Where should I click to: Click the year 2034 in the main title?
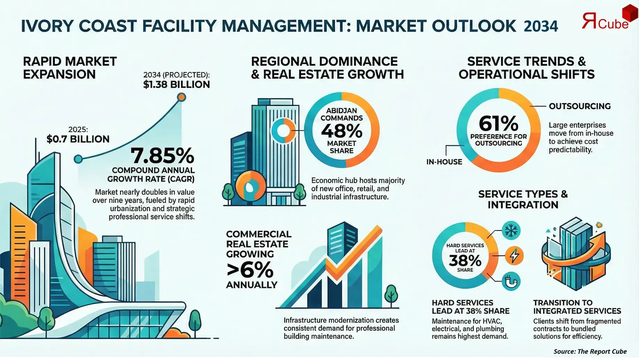point(541,26)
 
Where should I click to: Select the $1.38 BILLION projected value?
point(176,85)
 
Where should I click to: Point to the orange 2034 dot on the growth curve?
point(181,97)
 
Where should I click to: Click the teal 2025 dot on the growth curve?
point(79,159)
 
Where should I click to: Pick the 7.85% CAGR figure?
point(162,156)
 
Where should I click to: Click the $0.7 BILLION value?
point(78,139)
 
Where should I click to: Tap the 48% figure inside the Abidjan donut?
point(341,131)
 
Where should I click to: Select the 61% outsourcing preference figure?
point(498,123)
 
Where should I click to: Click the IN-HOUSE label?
point(444,162)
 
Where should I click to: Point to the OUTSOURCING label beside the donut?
point(579,106)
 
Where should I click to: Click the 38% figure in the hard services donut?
point(465,260)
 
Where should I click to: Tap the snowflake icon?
point(512,230)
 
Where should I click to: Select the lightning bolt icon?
point(514,256)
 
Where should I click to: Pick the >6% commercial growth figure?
point(250,269)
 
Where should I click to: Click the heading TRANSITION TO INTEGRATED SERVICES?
point(577,307)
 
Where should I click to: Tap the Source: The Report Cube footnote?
point(590,351)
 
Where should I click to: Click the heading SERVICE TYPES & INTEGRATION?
point(523,199)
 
